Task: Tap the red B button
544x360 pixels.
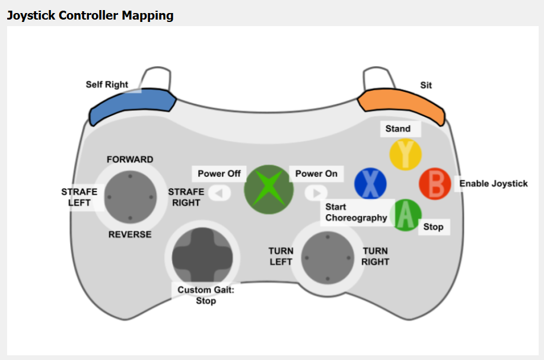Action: (x=435, y=184)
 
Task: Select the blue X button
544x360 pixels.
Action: (x=370, y=184)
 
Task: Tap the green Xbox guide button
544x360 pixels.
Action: (x=269, y=189)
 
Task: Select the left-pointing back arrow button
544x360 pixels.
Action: (x=219, y=193)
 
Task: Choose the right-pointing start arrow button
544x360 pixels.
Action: (x=316, y=193)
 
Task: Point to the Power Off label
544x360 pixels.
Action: (x=219, y=174)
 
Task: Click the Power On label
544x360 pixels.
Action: (x=316, y=174)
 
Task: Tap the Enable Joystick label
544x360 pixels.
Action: (x=493, y=184)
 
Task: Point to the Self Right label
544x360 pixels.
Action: (x=107, y=85)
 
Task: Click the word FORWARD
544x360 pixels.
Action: (x=130, y=160)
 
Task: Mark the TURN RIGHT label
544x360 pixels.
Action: (x=376, y=256)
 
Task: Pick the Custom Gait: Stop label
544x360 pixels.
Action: (x=202, y=295)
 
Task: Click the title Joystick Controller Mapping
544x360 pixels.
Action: (x=90, y=15)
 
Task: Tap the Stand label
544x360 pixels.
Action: (x=397, y=129)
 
